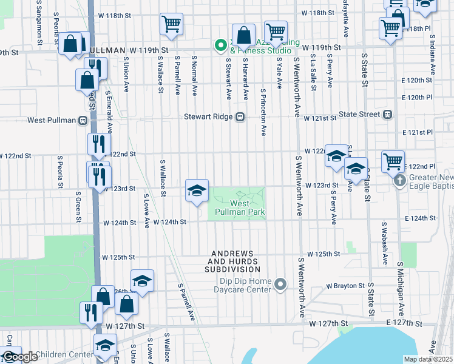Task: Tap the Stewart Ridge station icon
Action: tap(240, 117)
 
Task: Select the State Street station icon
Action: tap(387, 114)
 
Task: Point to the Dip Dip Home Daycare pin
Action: tap(280, 284)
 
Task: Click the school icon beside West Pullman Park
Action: tap(197, 191)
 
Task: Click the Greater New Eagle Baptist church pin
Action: tap(399, 181)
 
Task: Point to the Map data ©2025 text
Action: tap(428, 359)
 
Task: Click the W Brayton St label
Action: tap(345, 285)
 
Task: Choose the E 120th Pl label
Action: tap(416, 97)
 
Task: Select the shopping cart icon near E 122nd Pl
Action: tap(393, 162)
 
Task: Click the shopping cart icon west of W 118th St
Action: tap(172, 24)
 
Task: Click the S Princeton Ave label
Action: tap(263, 113)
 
